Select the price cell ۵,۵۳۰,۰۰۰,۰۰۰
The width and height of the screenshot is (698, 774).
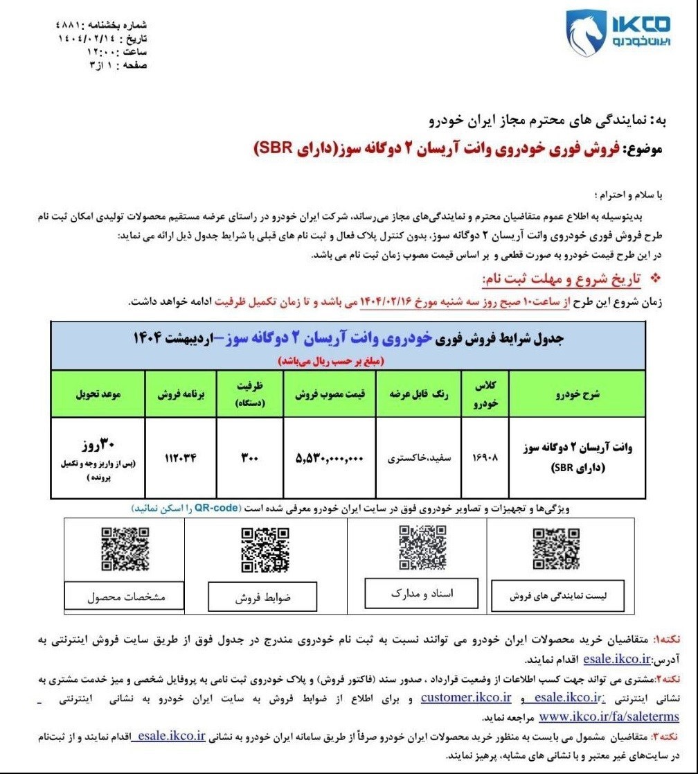click(329, 458)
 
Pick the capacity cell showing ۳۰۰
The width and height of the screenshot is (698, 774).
click(251, 458)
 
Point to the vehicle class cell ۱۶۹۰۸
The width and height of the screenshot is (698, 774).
click(487, 458)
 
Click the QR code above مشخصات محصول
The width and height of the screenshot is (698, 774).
click(125, 549)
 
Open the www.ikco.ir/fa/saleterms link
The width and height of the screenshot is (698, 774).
click(608, 716)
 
